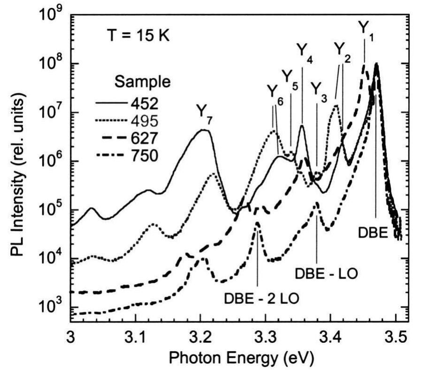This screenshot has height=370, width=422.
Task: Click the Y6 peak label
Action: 274,92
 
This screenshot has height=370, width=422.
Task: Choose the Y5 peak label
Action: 289,76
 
